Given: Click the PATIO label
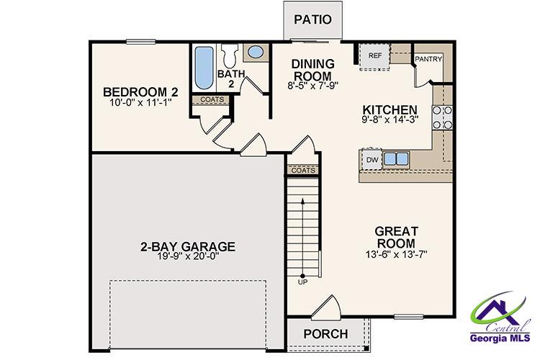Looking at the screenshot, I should pos(312,19).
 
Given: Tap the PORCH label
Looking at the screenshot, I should pos(325,334).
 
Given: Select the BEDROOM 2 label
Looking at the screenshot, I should pos(140,92).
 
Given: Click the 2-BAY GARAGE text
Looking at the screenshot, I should pos(188,246).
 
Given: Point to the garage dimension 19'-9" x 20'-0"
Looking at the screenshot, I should pos(188,258).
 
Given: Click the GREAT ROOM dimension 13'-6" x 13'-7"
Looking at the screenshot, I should pos(396,255).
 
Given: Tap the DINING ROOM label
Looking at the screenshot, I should pos(312,70).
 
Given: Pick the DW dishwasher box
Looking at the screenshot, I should pos(372,159).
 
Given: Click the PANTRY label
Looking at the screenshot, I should pos(428,59).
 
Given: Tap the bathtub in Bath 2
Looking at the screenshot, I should pos(202,67).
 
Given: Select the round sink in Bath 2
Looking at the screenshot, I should pos(254,53).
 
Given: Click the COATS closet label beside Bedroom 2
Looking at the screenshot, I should pos(210,100).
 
